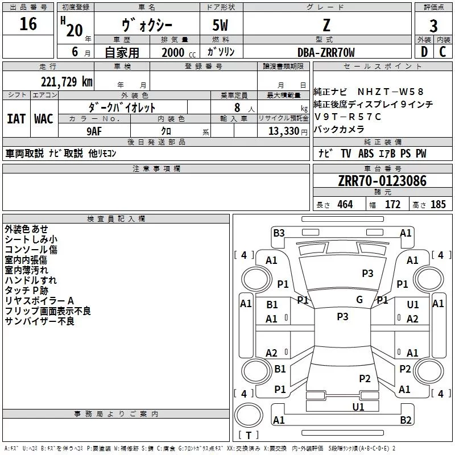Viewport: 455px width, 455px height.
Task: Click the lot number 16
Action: click(28, 24)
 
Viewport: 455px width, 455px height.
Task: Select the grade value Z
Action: click(326, 25)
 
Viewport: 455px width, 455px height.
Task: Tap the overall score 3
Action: click(433, 26)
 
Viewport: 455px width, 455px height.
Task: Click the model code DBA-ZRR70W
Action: click(326, 52)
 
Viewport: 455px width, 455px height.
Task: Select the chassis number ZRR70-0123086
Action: click(382, 181)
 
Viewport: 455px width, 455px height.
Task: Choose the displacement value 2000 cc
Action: click(173, 52)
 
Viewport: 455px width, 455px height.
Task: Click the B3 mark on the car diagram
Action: click(279, 233)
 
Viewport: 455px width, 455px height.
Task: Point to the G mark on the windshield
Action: click(359, 300)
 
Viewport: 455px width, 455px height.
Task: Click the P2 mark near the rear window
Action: click(365, 379)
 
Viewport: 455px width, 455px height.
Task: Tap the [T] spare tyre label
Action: click(248, 436)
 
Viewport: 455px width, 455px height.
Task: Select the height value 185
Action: click(438, 205)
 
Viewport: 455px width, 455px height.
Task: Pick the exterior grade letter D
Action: click(424, 52)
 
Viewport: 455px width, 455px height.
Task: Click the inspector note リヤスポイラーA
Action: click(40, 301)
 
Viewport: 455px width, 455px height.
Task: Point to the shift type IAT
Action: click(16, 118)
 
